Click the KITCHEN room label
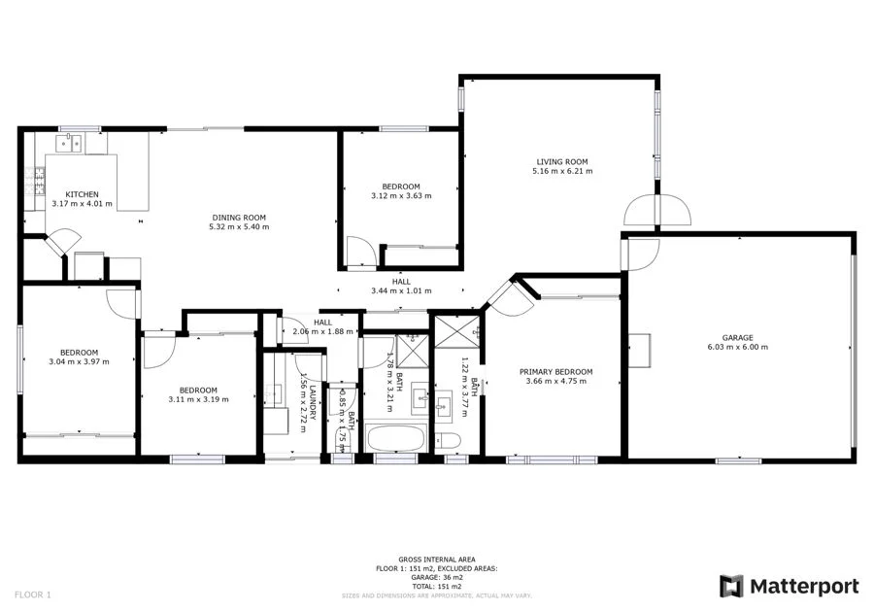tap(82, 194)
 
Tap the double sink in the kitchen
tap(69, 145)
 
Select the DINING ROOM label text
tap(239, 218)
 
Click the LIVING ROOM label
tap(561, 162)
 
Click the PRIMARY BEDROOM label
tap(555, 372)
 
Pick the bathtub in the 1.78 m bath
tap(395, 438)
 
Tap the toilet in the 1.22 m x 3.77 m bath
tap(449, 440)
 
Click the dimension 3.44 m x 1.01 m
tap(400, 290)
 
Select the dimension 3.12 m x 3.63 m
tap(400, 195)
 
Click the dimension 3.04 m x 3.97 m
tap(79, 361)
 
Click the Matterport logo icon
tap(731, 586)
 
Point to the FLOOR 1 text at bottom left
tap(34, 594)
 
